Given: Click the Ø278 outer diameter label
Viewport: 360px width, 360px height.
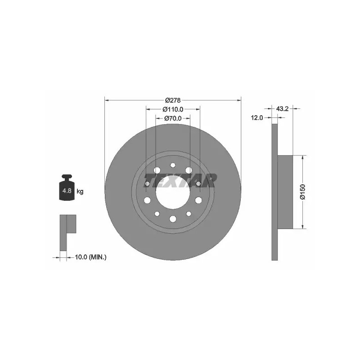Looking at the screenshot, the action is pyautogui.click(x=173, y=100).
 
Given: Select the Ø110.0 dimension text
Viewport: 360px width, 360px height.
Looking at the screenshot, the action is pyautogui.click(x=173, y=109).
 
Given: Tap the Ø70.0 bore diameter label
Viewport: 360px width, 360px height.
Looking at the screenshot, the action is pyautogui.click(x=173, y=118).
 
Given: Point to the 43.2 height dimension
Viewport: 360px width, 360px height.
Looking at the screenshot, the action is pyautogui.click(x=282, y=108).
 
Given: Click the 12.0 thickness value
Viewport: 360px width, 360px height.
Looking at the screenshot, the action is pyautogui.click(x=257, y=118).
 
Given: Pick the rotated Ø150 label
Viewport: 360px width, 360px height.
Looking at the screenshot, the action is pyautogui.click(x=303, y=192).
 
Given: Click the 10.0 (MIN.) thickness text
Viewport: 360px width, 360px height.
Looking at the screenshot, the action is pyautogui.click(x=91, y=257).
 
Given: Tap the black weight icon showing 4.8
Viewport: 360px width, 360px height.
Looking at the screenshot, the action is pyautogui.click(x=67, y=187).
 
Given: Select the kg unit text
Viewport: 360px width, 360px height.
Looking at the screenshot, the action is pyautogui.click(x=80, y=191).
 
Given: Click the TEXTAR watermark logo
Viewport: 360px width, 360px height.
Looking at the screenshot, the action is pyautogui.click(x=180, y=180).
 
